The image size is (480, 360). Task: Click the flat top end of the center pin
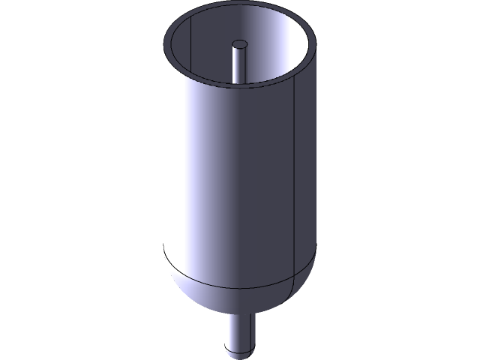240,44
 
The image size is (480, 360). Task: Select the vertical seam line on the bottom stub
250,330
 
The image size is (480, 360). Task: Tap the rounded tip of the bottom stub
239,351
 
